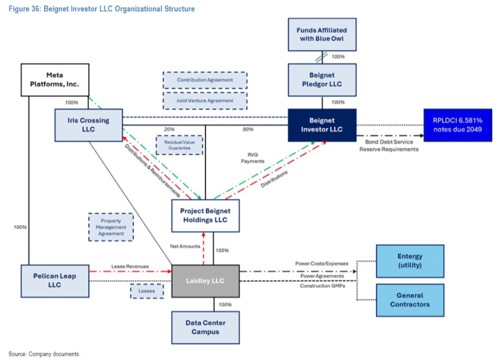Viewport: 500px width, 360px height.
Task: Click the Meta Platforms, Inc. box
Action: (x=55, y=80)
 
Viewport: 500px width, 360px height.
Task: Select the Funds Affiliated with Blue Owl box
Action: (x=322, y=34)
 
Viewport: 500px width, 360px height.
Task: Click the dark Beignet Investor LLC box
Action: (x=322, y=125)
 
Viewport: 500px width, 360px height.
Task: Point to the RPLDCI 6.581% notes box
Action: (x=457, y=125)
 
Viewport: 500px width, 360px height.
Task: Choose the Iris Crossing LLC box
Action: (x=88, y=125)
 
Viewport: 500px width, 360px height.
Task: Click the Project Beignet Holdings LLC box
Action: (x=205, y=216)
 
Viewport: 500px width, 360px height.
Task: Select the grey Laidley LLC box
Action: (x=205, y=281)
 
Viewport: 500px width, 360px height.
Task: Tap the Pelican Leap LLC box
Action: (x=55, y=281)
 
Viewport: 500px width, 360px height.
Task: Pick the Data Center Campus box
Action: (x=205, y=327)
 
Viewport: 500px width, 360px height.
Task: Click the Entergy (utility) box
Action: (x=410, y=261)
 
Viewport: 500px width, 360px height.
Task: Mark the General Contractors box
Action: (x=410, y=300)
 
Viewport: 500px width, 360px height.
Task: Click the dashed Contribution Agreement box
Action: (x=205, y=80)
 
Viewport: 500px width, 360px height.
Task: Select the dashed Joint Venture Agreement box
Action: (x=205, y=101)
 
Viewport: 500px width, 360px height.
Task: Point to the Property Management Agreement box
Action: (x=111, y=227)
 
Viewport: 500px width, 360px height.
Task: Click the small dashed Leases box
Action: (x=146, y=291)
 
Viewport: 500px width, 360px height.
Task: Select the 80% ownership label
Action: (x=248, y=129)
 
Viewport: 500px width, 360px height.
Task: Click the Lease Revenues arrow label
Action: (x=130, y=266)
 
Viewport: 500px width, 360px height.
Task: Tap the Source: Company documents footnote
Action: (x=44, y=353)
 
